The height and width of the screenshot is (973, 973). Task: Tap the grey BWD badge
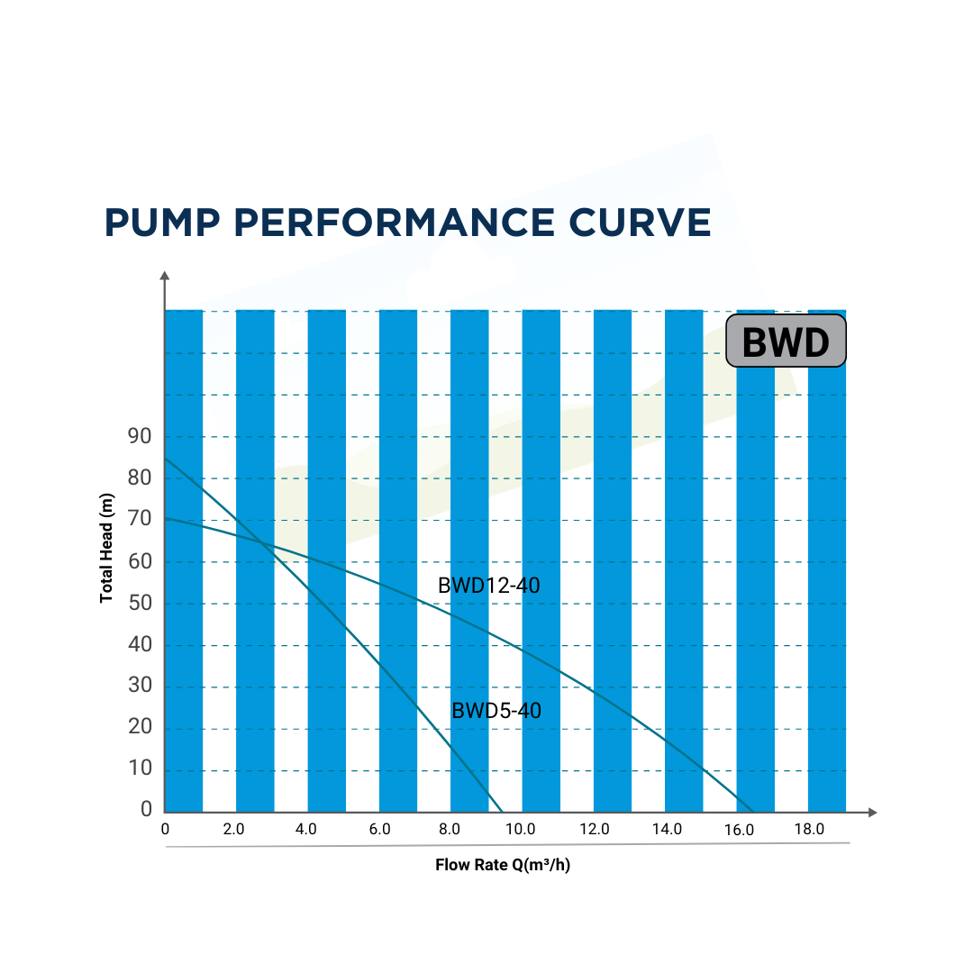[786, 341]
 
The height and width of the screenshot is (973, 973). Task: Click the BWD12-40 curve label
[488, 586]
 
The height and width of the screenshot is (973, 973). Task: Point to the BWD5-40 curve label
[496, 711]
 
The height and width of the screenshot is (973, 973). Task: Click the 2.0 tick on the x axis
[233, 830]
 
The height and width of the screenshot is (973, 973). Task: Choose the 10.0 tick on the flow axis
[520, 830]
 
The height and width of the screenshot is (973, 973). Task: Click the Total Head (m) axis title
[107, 548]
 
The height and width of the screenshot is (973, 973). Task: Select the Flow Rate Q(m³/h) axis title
[503, 866]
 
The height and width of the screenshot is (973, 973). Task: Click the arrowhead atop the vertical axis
[164, 276]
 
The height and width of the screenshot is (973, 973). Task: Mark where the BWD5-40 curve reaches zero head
[502, 812]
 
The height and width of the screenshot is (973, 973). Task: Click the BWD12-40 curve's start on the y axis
[166, 519]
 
